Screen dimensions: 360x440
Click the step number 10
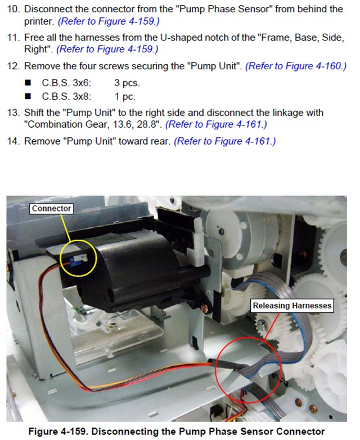coord(13,9)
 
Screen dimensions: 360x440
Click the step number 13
coord(13,113)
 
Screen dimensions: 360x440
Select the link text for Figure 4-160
coord(296,66)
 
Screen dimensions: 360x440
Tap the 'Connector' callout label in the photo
coord(51,209)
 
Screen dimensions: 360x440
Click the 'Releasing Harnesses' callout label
coord(292,306)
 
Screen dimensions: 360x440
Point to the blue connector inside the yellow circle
coord(74,261)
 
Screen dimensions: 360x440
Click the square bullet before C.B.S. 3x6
coord(28,83)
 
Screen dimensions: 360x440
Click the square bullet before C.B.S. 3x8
coord(28,97)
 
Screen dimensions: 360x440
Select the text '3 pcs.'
coord(127,83)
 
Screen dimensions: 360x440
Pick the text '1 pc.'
coord(125,97)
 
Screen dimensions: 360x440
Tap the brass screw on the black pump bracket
coord(204,307)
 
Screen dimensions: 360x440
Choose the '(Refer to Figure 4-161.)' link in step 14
coord(225,141)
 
